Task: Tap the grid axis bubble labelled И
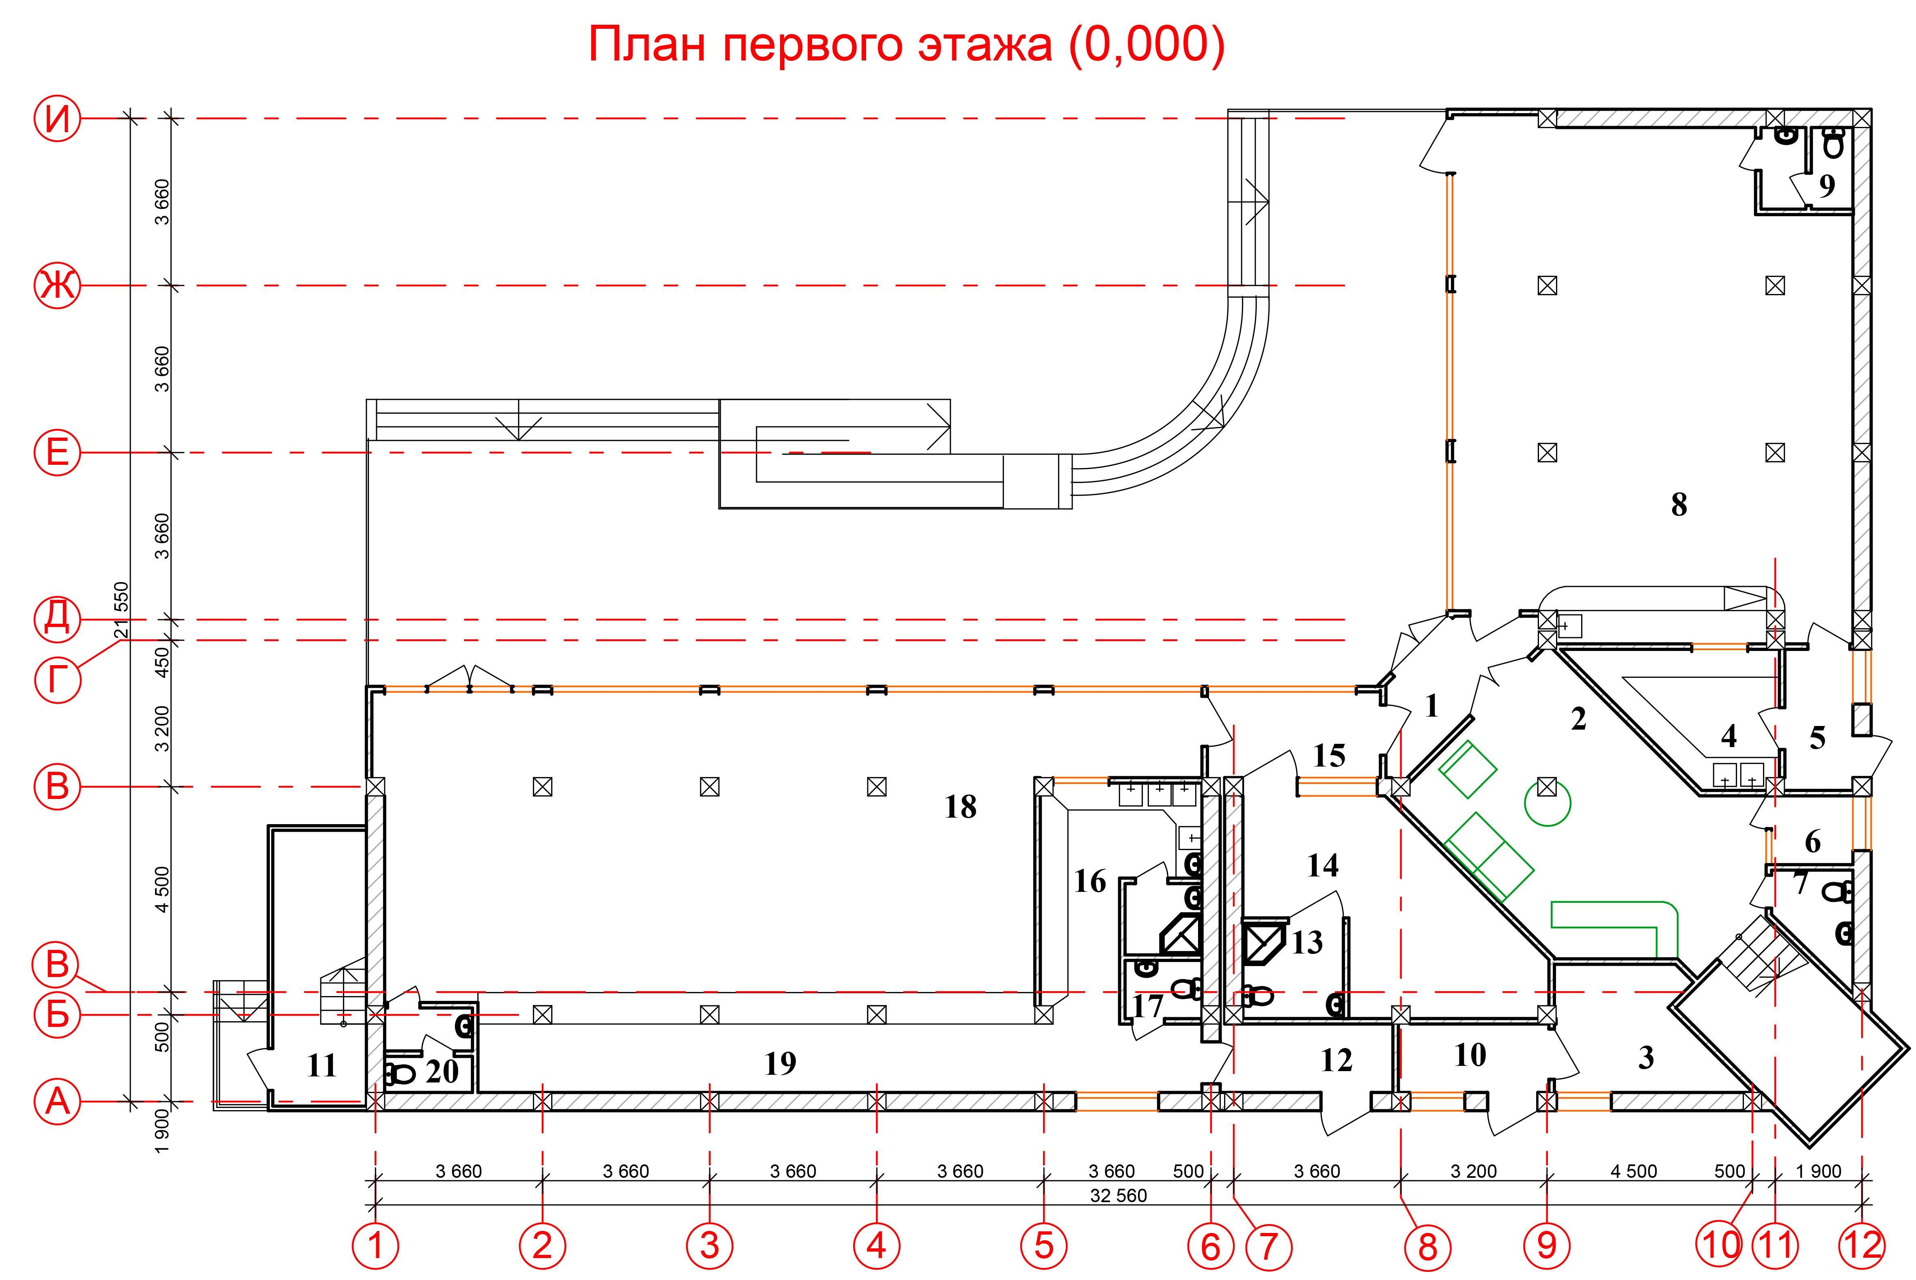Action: coord(57,118)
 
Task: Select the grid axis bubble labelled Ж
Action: coord(57,286)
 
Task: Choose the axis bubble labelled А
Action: coord(57,1101)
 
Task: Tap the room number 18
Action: coord(961,808)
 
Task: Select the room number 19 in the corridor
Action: coord(780,1063)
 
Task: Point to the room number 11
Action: coord(322,1065)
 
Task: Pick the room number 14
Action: coord(1323,866)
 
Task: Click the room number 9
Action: coord(1827,185)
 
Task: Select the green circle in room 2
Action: coord(1547,803)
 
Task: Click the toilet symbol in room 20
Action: coord(400,1074)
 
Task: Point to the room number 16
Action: coord(1091,882)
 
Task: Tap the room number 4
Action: coord(1729,737)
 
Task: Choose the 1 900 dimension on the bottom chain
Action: coord(1819,1171)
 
